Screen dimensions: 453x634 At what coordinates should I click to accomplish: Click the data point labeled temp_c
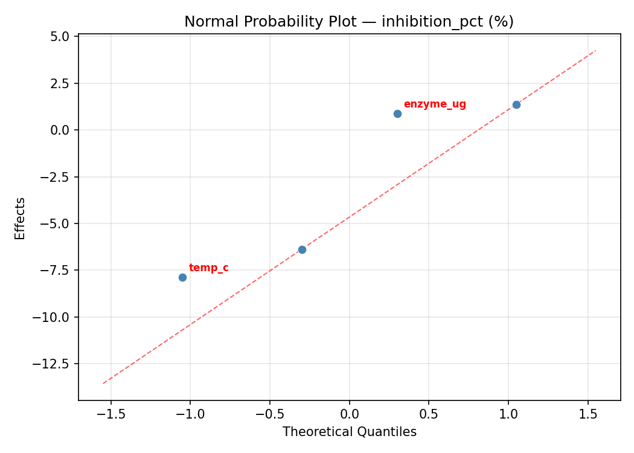[182, 277]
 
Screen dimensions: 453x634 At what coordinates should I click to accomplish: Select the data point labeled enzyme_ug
[397, 114]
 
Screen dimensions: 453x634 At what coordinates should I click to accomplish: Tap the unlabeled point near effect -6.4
[302, 249]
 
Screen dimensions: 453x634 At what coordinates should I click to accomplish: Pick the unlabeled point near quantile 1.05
[516, 104]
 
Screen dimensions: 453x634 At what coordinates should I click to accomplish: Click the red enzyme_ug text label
[435, 104]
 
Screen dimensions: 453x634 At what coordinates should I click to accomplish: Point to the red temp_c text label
[208, 268]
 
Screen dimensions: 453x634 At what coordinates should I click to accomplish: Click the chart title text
[349, 22]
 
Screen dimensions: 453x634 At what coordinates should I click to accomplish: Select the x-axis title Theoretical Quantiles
[349, 432]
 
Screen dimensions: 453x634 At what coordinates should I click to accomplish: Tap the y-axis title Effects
[21, 218]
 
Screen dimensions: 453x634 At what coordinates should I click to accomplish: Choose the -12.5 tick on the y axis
[56, 364]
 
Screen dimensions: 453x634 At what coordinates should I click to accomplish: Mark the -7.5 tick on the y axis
[59, 271]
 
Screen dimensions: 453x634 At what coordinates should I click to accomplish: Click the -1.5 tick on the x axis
[110, 414]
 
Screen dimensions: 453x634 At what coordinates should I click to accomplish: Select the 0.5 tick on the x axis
[429, 414]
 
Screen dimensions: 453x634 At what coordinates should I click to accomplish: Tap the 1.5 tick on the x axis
[588, 414]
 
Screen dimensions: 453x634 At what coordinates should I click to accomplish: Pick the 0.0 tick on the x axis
[349, 414]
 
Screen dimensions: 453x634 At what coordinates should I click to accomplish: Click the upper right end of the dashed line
[595, 51]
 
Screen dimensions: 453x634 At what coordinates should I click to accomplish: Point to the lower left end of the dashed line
[103, 383]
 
